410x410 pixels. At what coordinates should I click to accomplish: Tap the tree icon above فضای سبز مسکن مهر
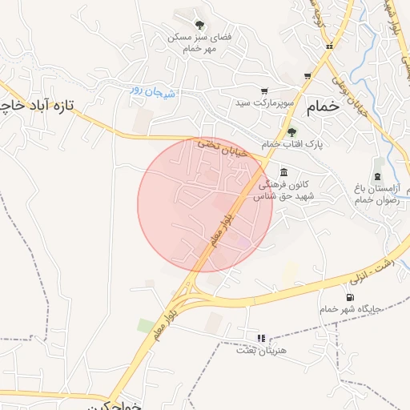click(199, 25)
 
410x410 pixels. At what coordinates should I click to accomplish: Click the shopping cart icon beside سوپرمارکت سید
click(264, 91)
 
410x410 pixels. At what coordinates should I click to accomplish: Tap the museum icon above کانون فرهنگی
click(283, 172)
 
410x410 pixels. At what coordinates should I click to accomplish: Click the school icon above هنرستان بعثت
click(259, 338)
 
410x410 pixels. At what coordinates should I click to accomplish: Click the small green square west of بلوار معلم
click(145, 326)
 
